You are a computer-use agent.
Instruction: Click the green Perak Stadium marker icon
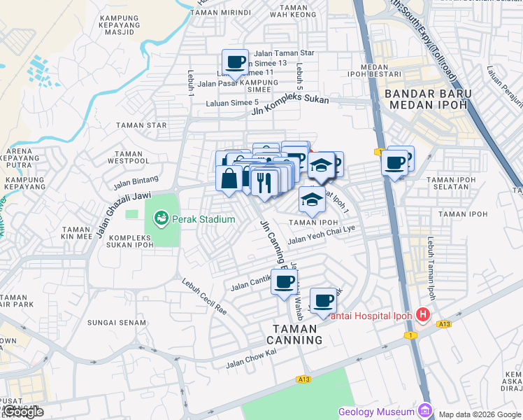[x=162, y=219]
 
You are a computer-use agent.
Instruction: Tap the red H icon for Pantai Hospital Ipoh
[x=422, y=315]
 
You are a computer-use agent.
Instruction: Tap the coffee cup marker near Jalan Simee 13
[x=235, y=62]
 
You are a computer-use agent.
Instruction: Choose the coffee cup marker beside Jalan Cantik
[x=284, y=282]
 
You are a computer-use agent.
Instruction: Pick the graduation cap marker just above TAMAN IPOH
[x=312, y=200]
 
